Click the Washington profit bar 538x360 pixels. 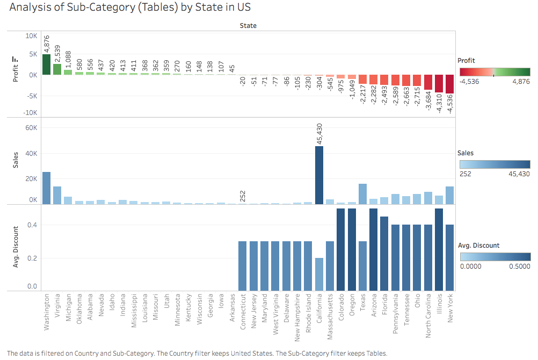[46, 64]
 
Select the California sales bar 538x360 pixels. [319, 175]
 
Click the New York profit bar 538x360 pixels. [450, 88]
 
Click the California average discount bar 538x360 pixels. [319, 275]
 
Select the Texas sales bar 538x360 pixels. [362, 194]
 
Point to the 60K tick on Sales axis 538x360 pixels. [31, 128]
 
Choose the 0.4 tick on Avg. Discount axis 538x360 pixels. [33, 225]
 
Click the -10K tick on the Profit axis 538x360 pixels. [30, 113]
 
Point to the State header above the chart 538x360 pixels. [248, 25]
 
